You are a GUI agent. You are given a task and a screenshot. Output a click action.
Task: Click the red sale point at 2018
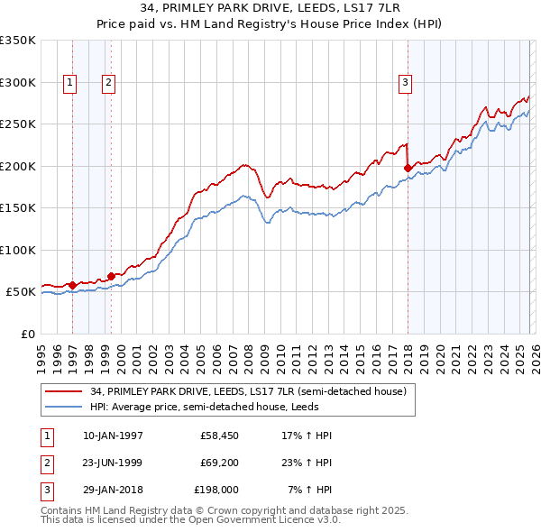[x=408, y=167]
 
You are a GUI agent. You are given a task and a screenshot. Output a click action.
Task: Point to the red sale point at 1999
[x=112, y=276]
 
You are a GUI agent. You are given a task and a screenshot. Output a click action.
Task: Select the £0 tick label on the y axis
[x=27, y=334]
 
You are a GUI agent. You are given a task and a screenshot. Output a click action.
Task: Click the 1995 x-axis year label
[x=41, y=356]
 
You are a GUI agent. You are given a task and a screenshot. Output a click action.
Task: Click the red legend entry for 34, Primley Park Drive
[x=248, y=391]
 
